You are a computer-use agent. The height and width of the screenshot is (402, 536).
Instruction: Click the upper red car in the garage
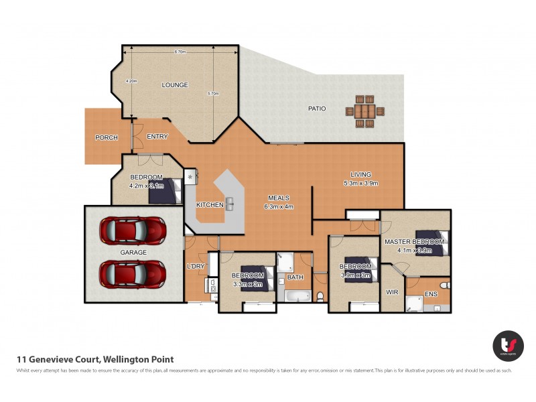[132, 230]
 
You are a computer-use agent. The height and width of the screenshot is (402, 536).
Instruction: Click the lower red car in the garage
[132, 273]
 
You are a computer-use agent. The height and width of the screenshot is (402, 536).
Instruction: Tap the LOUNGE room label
[174, 85]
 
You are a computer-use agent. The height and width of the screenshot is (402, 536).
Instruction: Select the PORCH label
[106, 137]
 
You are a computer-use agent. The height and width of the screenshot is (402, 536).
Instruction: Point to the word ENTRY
[157, 137]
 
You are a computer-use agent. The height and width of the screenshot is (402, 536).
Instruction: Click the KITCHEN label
[209, 204]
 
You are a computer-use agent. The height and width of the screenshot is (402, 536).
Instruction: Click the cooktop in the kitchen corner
[190, 177]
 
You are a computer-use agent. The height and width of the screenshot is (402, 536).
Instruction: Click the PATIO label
[316, 109]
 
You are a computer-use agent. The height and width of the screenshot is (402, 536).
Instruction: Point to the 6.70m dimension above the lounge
[180, 52]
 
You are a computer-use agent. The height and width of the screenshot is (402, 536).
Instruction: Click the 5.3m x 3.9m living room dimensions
[361, 183]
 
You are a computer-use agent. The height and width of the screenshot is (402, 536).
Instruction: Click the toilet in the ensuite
[445, 285]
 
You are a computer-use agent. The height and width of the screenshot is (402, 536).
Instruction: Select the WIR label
[392, 292]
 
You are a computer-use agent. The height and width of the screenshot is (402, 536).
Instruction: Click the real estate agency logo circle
[508, 346]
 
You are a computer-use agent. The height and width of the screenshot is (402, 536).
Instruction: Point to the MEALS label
[278, 198]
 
